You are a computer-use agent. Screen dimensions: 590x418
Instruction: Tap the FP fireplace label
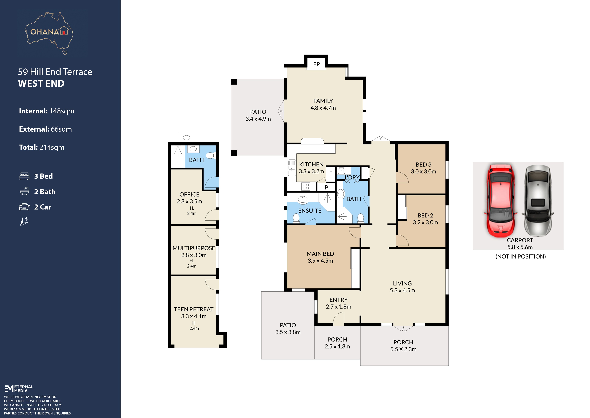[317, 64]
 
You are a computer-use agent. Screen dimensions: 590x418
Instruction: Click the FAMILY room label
[323, 101]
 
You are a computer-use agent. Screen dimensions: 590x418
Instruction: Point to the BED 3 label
[423, 164]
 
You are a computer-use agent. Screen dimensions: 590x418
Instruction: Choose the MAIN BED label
[320, 254]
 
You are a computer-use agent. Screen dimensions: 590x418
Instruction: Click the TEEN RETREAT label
[194, 309]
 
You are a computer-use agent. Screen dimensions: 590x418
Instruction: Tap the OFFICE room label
[189, 195]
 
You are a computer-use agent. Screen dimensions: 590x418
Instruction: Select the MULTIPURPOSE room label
[194, 248]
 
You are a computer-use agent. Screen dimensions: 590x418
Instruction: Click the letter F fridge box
[331, 173]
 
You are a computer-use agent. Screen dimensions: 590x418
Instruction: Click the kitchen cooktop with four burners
[306, 186]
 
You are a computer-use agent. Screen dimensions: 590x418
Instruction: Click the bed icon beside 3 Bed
[24, 176]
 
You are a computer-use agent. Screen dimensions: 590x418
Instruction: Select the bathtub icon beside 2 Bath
[24, 191]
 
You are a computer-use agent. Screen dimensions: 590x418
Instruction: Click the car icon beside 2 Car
[24, 207]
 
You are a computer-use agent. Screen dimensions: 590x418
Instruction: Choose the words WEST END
[41, 84]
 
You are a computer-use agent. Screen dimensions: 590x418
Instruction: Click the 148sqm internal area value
[62, 111]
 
